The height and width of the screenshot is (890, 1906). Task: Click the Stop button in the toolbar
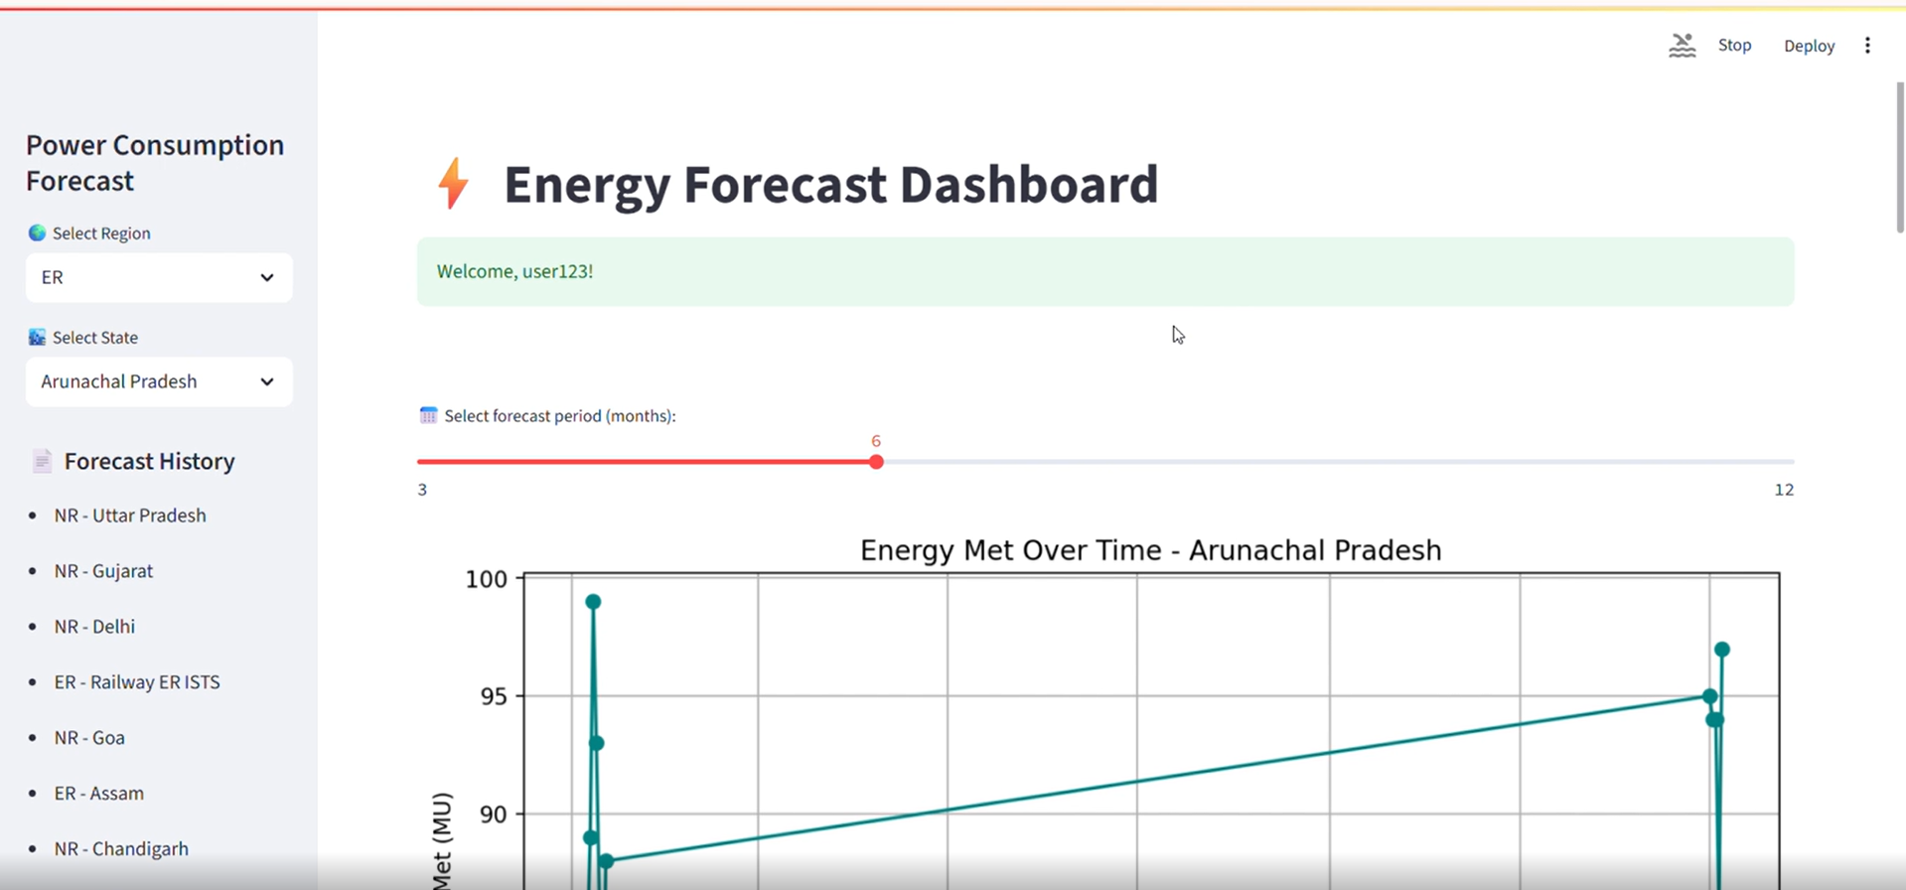click(1734, 46)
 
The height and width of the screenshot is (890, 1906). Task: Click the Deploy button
click(1809, 46)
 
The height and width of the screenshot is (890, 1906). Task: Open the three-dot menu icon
click(1867, 46)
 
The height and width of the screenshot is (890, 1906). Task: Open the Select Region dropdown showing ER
click(159, 277)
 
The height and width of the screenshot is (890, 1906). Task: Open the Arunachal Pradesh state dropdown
click(159, 381)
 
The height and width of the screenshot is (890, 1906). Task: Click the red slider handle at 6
click(876, 462)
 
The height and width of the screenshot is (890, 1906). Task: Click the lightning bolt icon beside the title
click(453, 184)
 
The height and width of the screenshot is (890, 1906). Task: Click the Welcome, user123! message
click(514, 271)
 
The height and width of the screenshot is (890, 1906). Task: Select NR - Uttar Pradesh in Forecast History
click(130, 516)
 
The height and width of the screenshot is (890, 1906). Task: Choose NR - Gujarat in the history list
click(103, 571)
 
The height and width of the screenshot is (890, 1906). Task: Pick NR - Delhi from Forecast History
click(94, 627)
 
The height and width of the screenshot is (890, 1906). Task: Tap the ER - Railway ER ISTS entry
click(137, 682)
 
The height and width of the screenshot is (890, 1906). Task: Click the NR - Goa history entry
click(89, 738)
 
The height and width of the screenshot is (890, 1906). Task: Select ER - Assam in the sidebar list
click(99, 794)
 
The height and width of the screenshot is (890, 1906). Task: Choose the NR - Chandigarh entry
click(121, 849)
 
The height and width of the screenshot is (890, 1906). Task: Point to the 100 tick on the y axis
click(486, 579)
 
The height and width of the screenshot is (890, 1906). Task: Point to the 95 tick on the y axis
click(493, 696)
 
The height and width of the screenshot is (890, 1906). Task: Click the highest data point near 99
click(593, 602)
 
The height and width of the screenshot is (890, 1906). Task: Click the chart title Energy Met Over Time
click(1150, 550)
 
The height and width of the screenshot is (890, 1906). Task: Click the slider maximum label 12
click(1784, 490)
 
